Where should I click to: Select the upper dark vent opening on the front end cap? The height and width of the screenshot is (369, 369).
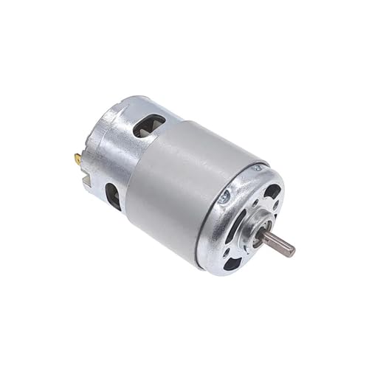pyautogui.click(x=272, y=192)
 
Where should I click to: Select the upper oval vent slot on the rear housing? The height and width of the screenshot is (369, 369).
pyautogui.click(x=148, y=125)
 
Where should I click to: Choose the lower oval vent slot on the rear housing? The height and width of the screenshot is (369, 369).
pyautogui.click(x=113, y=196)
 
